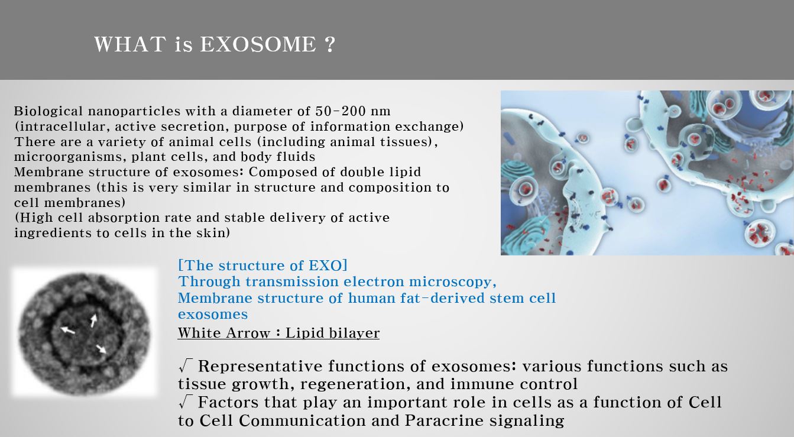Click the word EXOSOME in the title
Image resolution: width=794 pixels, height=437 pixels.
258,44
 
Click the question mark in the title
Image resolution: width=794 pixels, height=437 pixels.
330,44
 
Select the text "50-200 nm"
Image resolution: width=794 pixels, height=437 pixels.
353,111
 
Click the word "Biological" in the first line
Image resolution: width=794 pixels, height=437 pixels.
48,111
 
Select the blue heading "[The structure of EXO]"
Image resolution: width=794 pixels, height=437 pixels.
262,266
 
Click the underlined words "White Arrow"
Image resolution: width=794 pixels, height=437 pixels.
224,333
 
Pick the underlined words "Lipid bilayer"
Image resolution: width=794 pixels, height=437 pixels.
332,333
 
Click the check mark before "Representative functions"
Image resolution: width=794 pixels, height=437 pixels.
186,365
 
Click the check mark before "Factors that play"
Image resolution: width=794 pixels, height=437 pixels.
186,402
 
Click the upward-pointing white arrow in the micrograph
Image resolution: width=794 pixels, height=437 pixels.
93,321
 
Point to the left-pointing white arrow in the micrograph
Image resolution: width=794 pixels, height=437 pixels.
67,331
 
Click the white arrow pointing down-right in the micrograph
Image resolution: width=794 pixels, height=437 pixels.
101,349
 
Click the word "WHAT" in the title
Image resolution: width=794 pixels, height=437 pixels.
130,44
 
